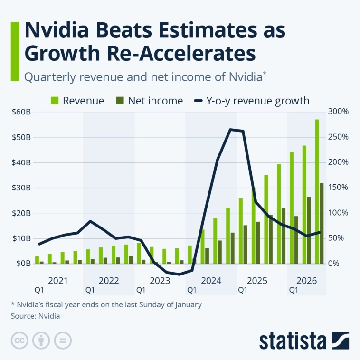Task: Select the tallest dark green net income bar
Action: (322, 223)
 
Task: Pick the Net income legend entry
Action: (149, 101)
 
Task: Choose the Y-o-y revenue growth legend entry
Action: (252, 101)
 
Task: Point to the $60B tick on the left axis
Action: (22, 112)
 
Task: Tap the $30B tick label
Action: (22, 188)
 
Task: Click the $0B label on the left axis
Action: (24, 263)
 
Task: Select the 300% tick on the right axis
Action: (338, 112)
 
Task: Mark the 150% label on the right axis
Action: (338, 188)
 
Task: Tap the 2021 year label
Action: (57, 280)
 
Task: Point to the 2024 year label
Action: (211, 280)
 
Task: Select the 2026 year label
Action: (306, 280)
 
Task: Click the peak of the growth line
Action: (230, 129)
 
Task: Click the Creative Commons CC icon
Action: (19, 341)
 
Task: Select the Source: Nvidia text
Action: (35, 315)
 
